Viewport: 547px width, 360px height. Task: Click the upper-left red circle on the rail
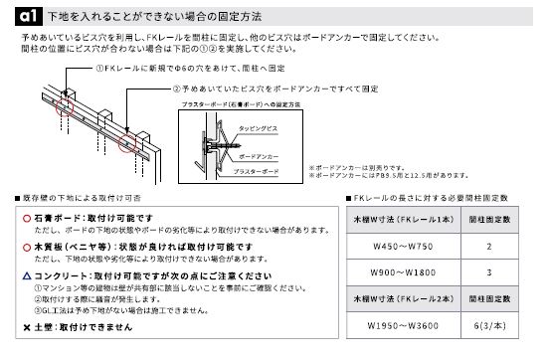coord(67,100)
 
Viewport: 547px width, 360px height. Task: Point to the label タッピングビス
coord(261,128)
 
